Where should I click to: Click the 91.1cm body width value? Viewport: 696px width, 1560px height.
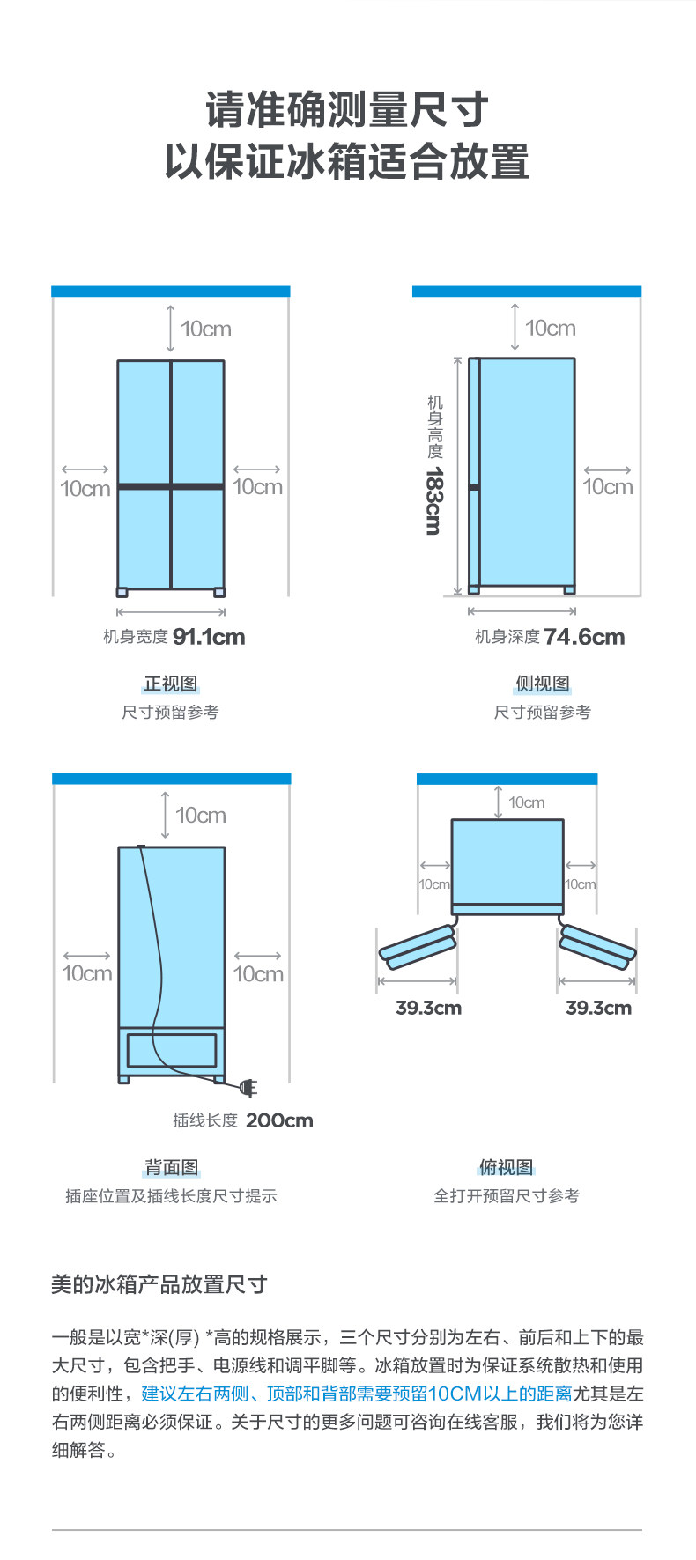[209, 637]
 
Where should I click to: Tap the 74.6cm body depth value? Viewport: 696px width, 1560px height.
[584, 637]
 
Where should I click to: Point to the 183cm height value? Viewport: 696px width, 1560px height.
[433, 501]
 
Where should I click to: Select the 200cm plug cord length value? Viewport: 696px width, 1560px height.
[279, 1120]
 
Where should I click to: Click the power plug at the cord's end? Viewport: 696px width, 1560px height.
[248, 1089]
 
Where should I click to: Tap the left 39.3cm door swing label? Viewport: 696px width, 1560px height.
[428, 1008]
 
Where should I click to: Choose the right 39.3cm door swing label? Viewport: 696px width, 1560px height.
[598, 1008]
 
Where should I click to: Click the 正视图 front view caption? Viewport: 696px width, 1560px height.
[171, 684]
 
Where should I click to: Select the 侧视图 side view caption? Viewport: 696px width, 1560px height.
[543, 684]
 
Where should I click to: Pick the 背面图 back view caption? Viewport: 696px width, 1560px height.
[172, 1168]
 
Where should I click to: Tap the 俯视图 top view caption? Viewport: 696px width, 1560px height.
[507, 1168]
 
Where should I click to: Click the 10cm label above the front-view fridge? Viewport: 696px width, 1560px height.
[206, 329]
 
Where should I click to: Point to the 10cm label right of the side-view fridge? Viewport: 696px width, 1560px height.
[608, 487]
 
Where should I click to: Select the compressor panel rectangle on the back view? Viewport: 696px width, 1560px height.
[172, 1051]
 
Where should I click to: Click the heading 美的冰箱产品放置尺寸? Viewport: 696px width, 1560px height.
[159, 1284]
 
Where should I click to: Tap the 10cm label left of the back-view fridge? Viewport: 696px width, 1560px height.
[87, 973]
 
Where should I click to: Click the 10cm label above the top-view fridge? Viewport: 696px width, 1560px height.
[527, 802]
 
